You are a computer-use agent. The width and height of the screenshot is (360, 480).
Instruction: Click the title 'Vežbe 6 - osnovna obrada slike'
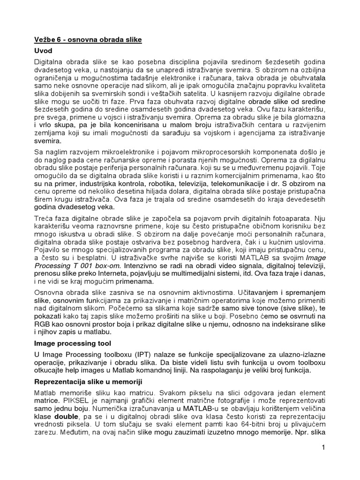[88, 40]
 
